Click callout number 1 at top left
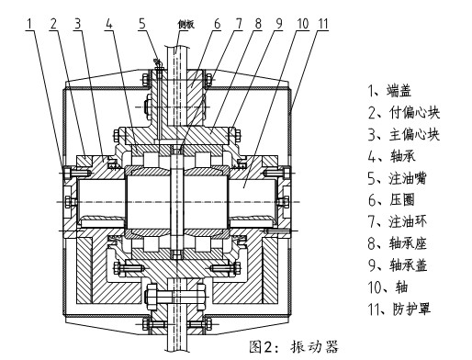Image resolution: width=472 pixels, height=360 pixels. coord(32,18)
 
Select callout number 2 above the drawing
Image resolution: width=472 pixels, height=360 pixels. coord(56,18)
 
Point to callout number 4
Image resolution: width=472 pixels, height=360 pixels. coord(108,18)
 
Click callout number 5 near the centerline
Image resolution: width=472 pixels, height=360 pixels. coord(142,18)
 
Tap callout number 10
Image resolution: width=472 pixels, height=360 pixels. coord(303,18)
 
